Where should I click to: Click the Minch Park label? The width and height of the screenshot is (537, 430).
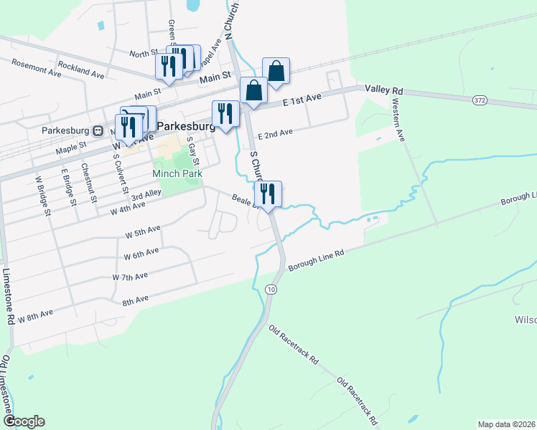point(177,173)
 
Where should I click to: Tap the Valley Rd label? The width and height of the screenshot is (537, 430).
point(384,90)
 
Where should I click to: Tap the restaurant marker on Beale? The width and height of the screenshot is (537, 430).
point(268,193)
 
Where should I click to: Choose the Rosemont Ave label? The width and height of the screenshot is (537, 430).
point(36,68)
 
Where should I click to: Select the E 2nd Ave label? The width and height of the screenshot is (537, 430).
point(276,134)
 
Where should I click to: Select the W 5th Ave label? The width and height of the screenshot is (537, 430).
point(142,233)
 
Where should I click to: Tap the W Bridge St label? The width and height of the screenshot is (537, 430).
point(43,193)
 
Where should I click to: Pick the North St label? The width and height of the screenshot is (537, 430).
point(144,53)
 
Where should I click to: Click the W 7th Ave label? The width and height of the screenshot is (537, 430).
point(130,277)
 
